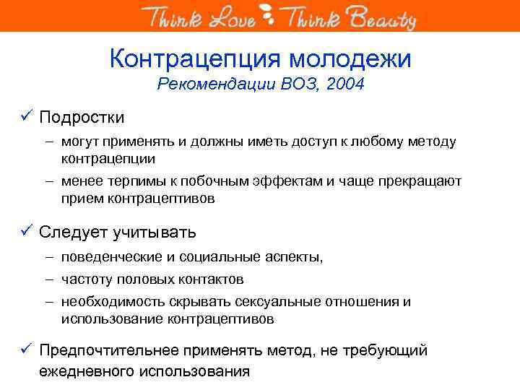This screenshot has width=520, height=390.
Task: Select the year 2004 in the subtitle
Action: click(x=345, y=84)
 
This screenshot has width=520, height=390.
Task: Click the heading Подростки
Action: click(x=82, y=117)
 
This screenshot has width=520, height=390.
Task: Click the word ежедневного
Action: click(x=89, y=372)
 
